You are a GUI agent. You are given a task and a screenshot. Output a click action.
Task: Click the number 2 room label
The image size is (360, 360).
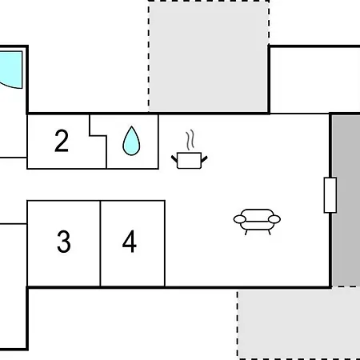[62, 141]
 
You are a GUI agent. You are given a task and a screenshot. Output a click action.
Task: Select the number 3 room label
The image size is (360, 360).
[64, 242]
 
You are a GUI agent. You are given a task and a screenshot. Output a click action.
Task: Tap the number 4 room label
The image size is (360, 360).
[130, 242]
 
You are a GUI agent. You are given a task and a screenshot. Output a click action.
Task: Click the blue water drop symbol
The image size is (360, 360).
[131, 141]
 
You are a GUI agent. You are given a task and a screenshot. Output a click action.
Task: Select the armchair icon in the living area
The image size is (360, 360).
[257, 222]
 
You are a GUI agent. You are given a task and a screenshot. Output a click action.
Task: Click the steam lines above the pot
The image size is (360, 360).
[190, 140]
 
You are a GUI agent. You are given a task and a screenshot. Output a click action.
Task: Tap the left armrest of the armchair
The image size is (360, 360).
[239, 219]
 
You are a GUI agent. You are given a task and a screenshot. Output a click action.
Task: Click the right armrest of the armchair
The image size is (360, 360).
[274, 219]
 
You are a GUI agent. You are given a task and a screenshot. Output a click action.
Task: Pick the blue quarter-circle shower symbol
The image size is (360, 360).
[10, 70]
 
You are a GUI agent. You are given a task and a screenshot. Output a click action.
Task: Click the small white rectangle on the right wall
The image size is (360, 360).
[330, 195]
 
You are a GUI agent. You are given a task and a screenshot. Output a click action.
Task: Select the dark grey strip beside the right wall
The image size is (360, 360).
[346, 201]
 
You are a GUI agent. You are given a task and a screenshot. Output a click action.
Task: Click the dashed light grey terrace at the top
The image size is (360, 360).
[209, 57]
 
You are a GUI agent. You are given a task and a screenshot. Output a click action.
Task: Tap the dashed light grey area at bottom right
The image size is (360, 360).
[298, 323]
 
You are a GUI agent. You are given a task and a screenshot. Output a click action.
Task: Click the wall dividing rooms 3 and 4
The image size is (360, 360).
[100, 243]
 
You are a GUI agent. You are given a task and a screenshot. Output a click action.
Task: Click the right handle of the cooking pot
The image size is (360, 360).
[204, 159]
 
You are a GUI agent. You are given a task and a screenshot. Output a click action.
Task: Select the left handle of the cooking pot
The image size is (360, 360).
[174, 159]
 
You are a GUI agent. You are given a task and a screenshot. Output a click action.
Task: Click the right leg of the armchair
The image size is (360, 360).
[269, 232]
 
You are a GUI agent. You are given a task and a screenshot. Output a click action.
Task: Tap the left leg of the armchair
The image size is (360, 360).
[246, 232]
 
